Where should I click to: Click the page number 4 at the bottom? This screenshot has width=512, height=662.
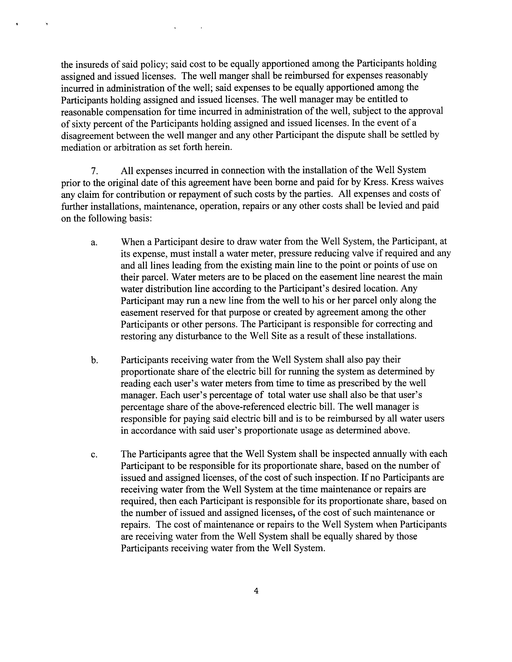pos(256,590)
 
